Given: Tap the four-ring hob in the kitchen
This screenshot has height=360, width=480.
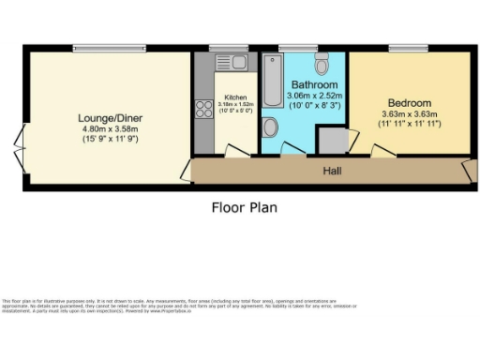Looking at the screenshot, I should (203, 108).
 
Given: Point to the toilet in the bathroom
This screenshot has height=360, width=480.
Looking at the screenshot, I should (322, 64).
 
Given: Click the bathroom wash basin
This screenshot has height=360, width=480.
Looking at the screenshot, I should (271, 127).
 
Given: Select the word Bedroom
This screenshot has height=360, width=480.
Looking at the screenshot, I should (409, 103).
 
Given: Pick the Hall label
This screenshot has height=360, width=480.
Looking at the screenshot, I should (332, 172).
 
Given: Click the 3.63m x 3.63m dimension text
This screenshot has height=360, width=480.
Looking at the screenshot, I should (409, 114).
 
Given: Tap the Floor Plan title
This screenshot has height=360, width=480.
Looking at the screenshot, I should (244, 208).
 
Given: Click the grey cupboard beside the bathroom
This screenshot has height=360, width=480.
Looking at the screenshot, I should (330, 140).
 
